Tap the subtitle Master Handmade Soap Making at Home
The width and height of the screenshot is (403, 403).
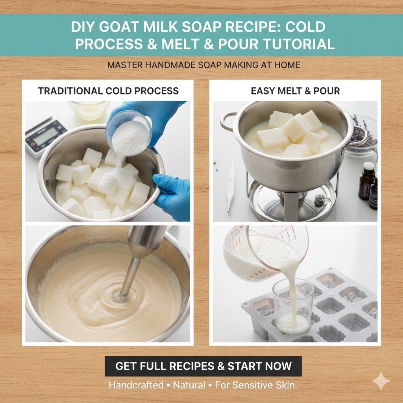click(203, 65)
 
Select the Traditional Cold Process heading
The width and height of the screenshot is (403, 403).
click(108, 91)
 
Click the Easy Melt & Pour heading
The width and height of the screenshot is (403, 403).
click(295, 91)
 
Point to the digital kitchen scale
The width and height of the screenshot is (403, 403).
click(43, 136)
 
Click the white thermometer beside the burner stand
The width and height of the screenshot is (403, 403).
click(231, 185)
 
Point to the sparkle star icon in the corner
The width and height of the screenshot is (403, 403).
click(381, 381)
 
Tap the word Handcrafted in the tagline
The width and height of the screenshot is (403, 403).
click(136, 385)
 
